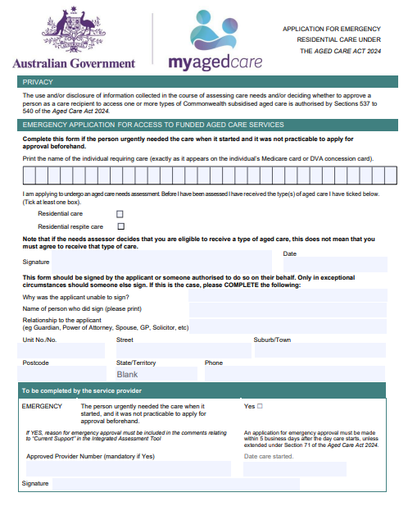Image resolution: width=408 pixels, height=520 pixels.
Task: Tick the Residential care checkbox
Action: click(120, 214)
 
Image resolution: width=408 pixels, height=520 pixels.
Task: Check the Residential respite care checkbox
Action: click(120, 226)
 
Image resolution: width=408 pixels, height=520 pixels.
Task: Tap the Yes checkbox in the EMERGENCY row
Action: click(260, 406)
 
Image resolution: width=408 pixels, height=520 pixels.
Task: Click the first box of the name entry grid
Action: click(29, 176)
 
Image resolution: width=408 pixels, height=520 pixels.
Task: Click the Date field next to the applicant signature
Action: click(334, 264)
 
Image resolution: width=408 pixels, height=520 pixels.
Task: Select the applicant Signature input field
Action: click(164, 264)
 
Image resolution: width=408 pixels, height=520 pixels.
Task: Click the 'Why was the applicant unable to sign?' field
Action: click(287, 295)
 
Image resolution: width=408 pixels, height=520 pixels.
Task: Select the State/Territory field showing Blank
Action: click(156, 374)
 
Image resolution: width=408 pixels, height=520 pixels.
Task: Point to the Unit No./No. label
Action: click(39, 340)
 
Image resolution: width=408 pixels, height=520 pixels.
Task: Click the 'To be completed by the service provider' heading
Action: click(82, 391)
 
